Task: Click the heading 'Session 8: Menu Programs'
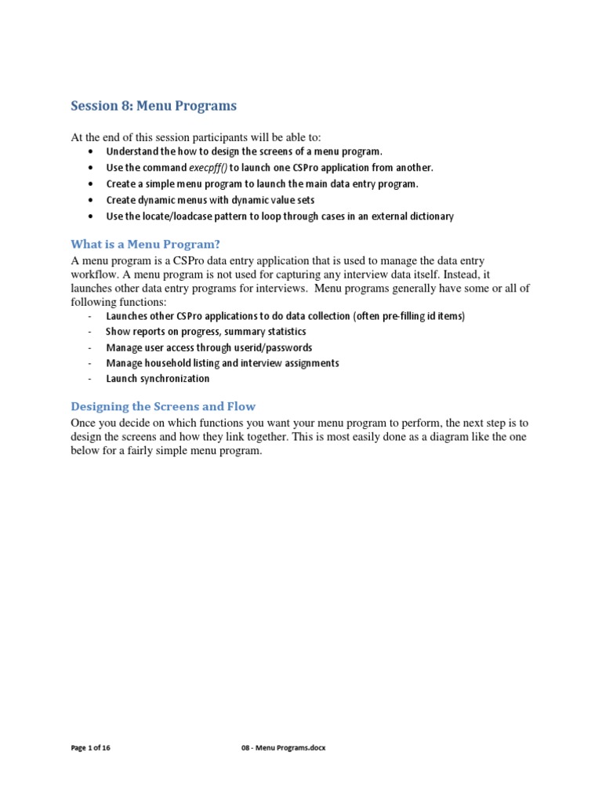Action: (154, 105)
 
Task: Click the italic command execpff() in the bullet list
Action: (208, 168)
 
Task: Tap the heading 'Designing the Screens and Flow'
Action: (163, 406)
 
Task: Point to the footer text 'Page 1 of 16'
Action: (91, 748)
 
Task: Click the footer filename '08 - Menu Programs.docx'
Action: (283, 748)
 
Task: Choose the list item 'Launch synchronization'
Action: (158, 379)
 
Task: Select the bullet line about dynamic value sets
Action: (210, 200)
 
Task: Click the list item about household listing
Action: (223, 363)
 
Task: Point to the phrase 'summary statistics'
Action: (267, 332)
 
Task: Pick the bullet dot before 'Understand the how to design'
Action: (92, 152)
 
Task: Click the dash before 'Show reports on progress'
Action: (91, 332)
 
